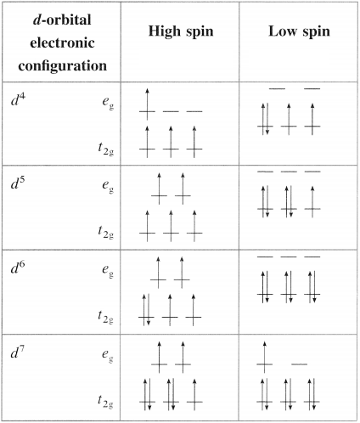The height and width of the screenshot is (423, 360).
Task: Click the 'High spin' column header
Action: pos(181,31)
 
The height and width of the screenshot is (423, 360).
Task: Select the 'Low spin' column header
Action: pos(299,31)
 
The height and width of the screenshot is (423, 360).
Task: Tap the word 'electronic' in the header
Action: pos(62,43)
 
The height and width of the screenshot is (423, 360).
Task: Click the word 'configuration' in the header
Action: pos(63,66)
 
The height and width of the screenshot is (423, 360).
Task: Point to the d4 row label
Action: pos(18,99)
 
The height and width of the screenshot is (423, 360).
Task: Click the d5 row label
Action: pos(18,183)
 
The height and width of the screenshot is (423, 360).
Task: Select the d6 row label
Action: pos(18,268)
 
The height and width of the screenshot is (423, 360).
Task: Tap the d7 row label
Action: pos(18,352)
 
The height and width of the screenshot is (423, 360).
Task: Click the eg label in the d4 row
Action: pos(108,103)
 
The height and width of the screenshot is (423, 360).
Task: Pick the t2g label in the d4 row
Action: pos(106,149)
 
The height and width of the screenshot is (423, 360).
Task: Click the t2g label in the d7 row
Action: pos(106,402)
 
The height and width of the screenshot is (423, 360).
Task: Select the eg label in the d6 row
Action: pos(108,271)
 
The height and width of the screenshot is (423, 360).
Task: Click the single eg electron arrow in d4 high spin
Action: pos(147,104)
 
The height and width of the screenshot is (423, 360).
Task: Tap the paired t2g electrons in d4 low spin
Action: pos(265,119)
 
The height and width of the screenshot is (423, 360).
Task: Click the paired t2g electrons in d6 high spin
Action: pos(146,310)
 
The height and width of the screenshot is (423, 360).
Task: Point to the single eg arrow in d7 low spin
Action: pos(264,358)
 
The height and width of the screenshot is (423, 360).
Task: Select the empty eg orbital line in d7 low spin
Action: pos(300,364)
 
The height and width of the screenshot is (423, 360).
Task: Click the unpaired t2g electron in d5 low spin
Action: pos(312,202)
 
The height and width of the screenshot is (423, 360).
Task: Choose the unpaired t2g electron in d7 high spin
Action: pos(194,395)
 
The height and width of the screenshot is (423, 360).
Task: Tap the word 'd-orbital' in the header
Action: pos(62,20)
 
